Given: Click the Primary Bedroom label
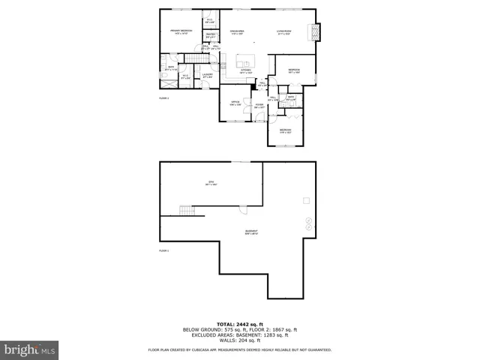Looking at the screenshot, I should pyautogui.click(x=181, y=31).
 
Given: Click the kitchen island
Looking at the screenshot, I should pyautogui.click(x=244, y=59).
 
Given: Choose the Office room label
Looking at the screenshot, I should pyautogui.click(x=235, y=103).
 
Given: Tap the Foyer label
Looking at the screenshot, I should pyautogui.click(x=259, y=106).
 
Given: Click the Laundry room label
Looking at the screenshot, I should pyautogui.click(x=208, y=75).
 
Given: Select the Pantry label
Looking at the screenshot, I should pyautogui.click(x=211, y=34).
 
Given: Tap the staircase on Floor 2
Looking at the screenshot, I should pyautogui.click(x=196, y=60).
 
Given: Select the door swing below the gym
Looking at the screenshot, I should pyautogui.click(x=243, y=209).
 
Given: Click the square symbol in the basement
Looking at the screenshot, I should pyautogui.click(x=305, y=200).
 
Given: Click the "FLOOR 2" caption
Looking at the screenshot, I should pyautogui.click(x=163, y=98).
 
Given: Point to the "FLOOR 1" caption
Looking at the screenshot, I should pyautogui.click(x=163, y=250).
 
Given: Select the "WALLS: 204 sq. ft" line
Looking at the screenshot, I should pyautogui.click(x=240, y=340).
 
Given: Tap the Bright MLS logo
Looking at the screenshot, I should pyautogui.click(x=30, y=349).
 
